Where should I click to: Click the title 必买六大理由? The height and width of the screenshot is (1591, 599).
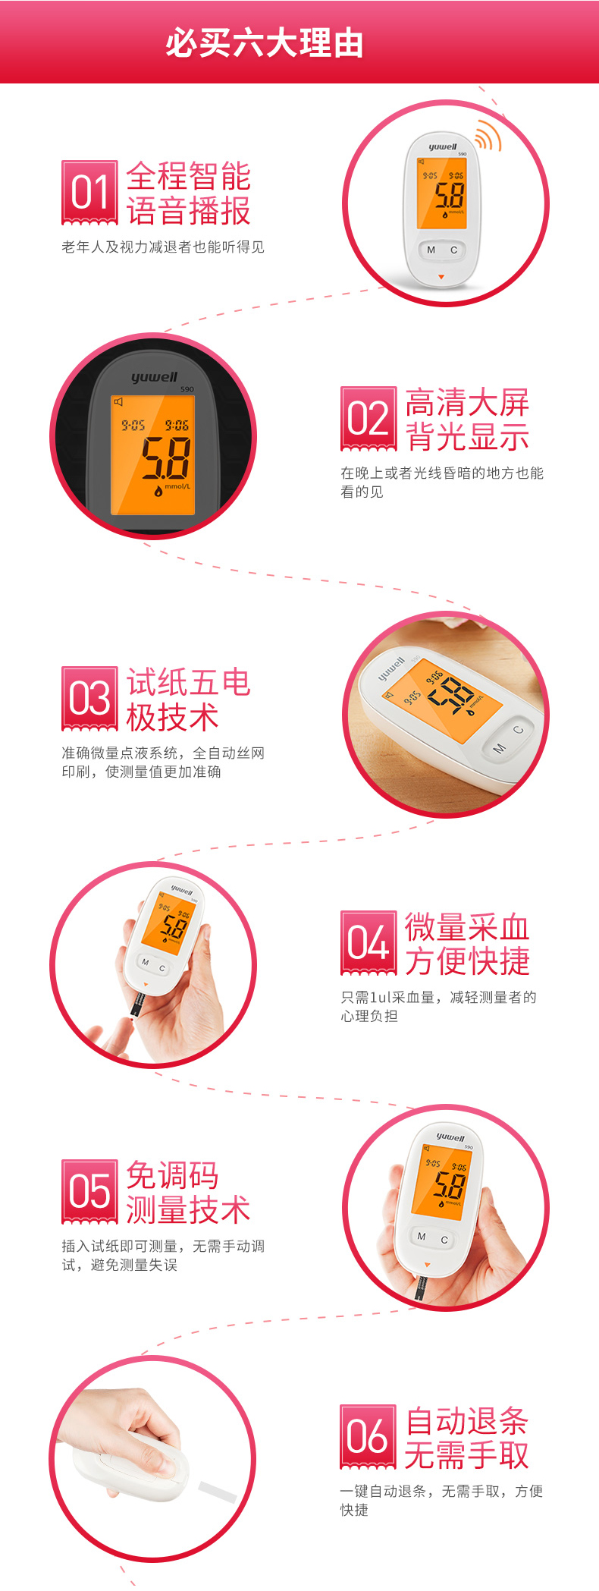click(265, 42)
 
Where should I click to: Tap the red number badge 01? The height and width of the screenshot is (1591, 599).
click(89, 193)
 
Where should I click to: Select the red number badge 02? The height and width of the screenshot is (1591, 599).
click(368, 419)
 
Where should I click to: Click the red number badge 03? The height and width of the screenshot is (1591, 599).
click(89, 699)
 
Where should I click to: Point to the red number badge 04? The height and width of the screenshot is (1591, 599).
click(368, 943)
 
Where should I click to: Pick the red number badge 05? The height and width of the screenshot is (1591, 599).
click(89, 1191)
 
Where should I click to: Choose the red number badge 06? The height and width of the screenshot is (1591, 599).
click(368, 1436)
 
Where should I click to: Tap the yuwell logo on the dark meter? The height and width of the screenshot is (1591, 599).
click(155, 377)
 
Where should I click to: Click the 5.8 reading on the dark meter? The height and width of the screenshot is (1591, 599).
click(166, 458)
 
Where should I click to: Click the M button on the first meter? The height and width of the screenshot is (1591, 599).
click(431, 250)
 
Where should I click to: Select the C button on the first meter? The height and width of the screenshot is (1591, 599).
click(454, 250)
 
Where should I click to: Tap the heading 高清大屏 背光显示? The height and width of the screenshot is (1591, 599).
click(467, 420)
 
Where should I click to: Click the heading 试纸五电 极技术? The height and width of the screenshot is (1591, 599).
click(188, 700)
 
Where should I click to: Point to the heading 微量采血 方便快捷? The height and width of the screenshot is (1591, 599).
click(467, 944)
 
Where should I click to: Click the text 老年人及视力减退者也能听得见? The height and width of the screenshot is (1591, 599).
click(163, 247)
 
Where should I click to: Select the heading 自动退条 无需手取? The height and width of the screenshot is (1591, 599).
click(466, 1437)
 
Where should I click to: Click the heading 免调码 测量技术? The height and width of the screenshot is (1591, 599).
click(188, 1192)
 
